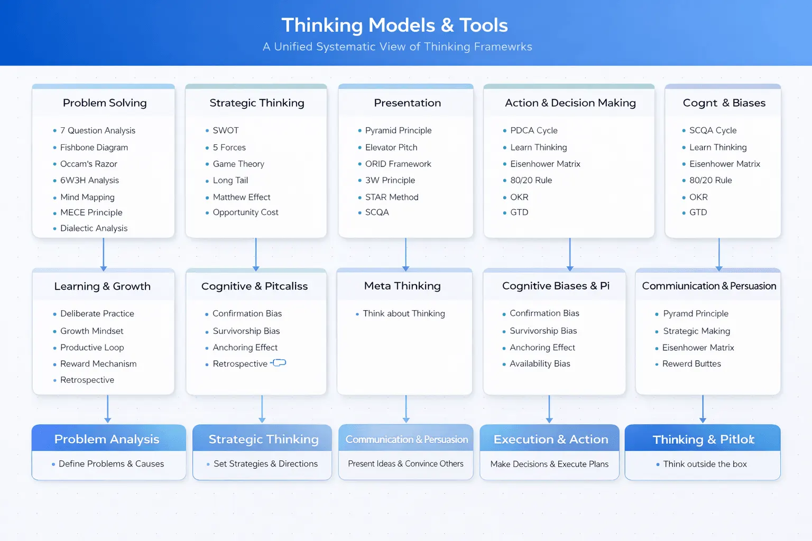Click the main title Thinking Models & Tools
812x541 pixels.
click(394, 25)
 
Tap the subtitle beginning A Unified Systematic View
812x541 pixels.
click(398, 46)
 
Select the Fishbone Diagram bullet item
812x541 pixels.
click(94, 147)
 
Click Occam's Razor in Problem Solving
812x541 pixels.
click(88, 164)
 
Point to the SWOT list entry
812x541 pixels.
click(226, 130)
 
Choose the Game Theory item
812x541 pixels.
click(238, 164)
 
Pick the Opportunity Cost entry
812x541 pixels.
click(245, 212)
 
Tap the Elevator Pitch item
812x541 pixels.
click(391, 147)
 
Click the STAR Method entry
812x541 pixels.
click(392, 197)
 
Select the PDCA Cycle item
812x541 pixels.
click(533, 130)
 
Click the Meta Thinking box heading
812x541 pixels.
click(402, 286)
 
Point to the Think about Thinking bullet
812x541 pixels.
click(404, 313)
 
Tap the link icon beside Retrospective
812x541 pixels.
click(279, 363)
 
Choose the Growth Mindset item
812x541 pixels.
click(91, 331)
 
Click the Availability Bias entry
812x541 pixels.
click(540, 363)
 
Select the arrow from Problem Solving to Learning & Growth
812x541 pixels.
click(103, 254)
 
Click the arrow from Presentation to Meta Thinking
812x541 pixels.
click(405, 254)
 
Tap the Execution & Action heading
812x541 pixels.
click(551, 439)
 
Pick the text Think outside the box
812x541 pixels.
click(705, 464)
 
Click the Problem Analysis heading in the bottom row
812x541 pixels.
click(107, 439)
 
